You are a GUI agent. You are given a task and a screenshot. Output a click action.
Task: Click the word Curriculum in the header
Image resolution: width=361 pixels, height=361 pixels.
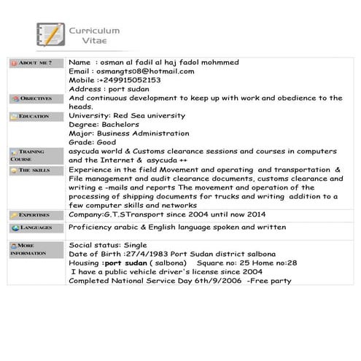[x=94, y=31]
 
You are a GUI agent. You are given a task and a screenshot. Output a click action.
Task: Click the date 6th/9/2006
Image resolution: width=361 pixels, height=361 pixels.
[x=217, y=280]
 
